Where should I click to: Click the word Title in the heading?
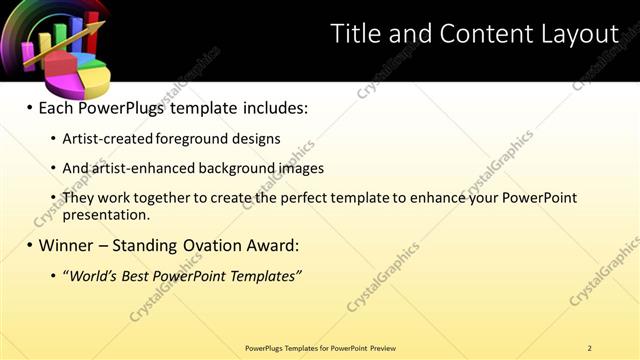point(355,34)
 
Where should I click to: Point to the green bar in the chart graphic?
point(60,34)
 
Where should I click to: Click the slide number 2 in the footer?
point(590,348)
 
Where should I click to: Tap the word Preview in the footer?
point(382,348)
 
